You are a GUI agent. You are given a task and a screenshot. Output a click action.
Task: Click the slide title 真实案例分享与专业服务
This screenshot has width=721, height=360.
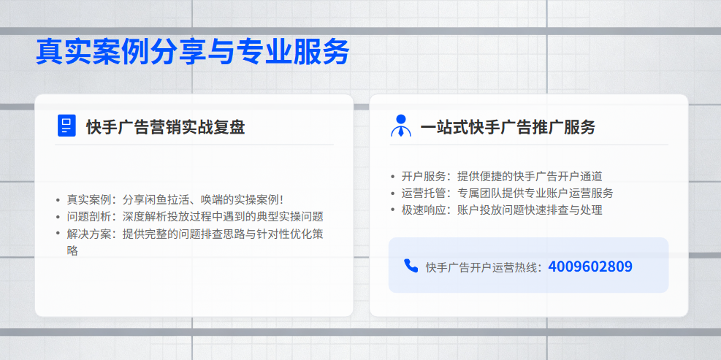coord(193,53)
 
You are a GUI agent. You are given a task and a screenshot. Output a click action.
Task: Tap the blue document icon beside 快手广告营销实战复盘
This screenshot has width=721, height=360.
coord(66,126)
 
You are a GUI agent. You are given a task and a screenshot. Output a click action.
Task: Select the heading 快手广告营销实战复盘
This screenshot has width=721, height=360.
coord(165,127)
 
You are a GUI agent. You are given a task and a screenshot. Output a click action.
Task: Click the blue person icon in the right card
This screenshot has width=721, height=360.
coord(400,126)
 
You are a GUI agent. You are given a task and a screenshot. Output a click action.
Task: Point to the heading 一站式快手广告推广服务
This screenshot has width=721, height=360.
coord(508,127)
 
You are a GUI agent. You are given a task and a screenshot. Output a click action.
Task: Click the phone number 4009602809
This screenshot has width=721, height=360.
coord(590,267)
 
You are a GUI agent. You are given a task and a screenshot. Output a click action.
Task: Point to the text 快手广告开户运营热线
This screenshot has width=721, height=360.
coord(482,267)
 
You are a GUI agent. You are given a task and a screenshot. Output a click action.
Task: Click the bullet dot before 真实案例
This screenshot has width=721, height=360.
coord(58,200)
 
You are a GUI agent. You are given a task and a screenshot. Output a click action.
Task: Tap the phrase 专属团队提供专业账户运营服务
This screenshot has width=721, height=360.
coord(535,193)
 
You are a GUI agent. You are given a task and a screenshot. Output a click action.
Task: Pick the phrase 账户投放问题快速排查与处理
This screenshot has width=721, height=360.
coord(529,210)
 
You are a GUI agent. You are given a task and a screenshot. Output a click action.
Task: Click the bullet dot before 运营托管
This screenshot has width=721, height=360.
coord(392,194)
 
